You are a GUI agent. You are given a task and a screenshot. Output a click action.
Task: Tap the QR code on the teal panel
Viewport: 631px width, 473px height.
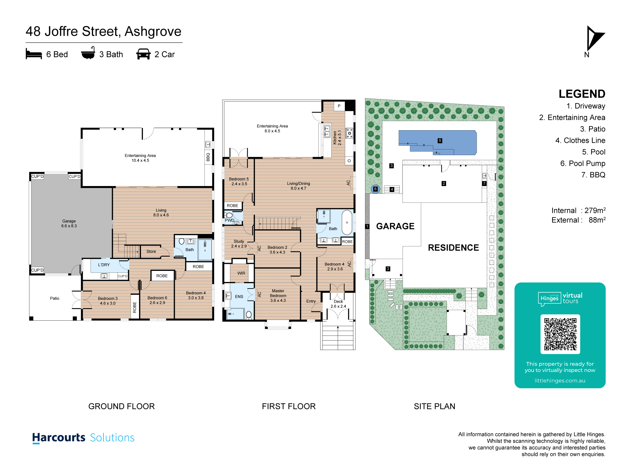(560, 334)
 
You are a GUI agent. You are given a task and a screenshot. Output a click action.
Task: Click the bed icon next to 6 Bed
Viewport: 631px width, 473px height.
(34, 54)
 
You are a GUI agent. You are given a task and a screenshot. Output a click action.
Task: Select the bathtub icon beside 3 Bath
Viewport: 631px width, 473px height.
(88, 53)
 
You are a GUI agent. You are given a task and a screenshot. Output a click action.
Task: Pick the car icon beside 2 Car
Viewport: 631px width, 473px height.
(143, 54)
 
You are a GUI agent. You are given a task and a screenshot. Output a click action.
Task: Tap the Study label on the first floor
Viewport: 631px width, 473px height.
(239, 241)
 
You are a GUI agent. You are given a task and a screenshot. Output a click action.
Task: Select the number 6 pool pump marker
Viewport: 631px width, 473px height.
(375, 189)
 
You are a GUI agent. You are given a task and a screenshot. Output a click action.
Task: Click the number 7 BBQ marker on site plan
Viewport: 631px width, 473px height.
(484, 183)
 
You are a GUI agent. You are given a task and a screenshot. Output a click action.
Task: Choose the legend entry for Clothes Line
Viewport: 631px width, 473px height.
(580, 140)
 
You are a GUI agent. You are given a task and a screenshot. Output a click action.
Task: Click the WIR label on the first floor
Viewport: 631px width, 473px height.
(241, 273)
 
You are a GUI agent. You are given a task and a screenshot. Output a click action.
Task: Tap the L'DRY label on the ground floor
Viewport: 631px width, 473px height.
(104, 265)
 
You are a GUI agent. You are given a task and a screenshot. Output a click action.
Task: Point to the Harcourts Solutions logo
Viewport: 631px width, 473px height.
(83, 438)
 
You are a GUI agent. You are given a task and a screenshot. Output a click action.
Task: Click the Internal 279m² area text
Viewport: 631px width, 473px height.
(579, 210)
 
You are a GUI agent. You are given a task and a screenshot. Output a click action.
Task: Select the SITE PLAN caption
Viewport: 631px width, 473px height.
(434, 406)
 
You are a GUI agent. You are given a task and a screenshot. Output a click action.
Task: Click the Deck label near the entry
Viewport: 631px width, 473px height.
(338, 301)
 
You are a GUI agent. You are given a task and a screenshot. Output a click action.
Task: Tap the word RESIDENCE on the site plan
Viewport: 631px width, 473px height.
(453, 248)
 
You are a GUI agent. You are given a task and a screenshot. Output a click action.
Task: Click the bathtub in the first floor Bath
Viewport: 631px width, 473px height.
(347, 222)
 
